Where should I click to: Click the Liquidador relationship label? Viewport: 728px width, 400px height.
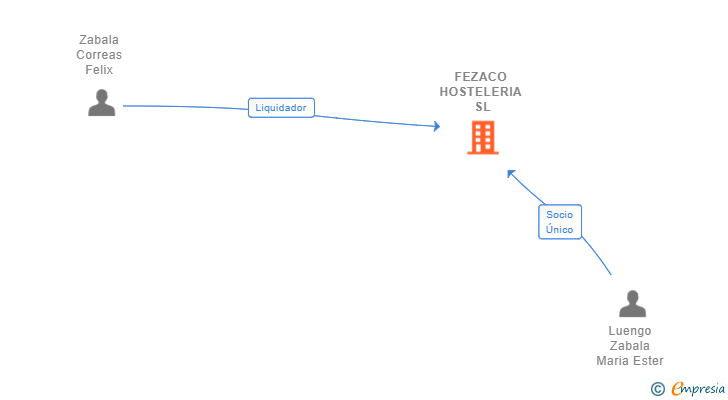pyautogui.click(x=281, y=108)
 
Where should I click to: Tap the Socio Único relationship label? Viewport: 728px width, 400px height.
pyautogui.click(x=560, y=222)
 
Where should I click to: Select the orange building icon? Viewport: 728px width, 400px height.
pyautogui.click(x=482, y=138)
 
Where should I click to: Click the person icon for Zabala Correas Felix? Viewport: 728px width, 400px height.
pyautogui.click(x=101, y=103)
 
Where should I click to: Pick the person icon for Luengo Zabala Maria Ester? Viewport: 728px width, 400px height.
pyautogui.click(x=632, y=304)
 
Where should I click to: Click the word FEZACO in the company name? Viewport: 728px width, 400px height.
pyautogui.click(x=480, y=77)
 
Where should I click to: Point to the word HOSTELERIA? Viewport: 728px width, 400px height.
pyautogui.click(x=480, y=92)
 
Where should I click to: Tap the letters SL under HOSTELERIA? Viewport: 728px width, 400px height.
pyautogui.click(x=483, y=107)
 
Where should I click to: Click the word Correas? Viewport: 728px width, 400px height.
pyautogui.click(x=99, y=55)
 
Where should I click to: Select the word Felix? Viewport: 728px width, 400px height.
pyautogui.click(x=99, y=70)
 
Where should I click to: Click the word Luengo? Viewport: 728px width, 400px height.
pyautogui.click(x=630, y=331)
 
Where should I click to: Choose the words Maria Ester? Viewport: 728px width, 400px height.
pyautogui.click(x=630, y=361)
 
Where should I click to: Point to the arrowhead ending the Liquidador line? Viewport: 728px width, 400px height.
pyautogui.click(x=436, y=126)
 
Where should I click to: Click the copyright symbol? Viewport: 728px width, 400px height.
pyautogui.click(x=657, y=388)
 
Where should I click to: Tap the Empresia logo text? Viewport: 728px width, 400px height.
pyautogui.click(x=696, y=388)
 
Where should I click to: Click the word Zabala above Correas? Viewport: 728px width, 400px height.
pyautogui.click(x=99, y=40)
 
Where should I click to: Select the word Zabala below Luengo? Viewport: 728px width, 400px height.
pyautogui.click(x=630, y=346)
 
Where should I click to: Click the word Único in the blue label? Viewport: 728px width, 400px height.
pyautogui.click(x=560, y=230)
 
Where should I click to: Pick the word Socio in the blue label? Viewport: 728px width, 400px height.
pyautogui.click(x=560, y=214)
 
